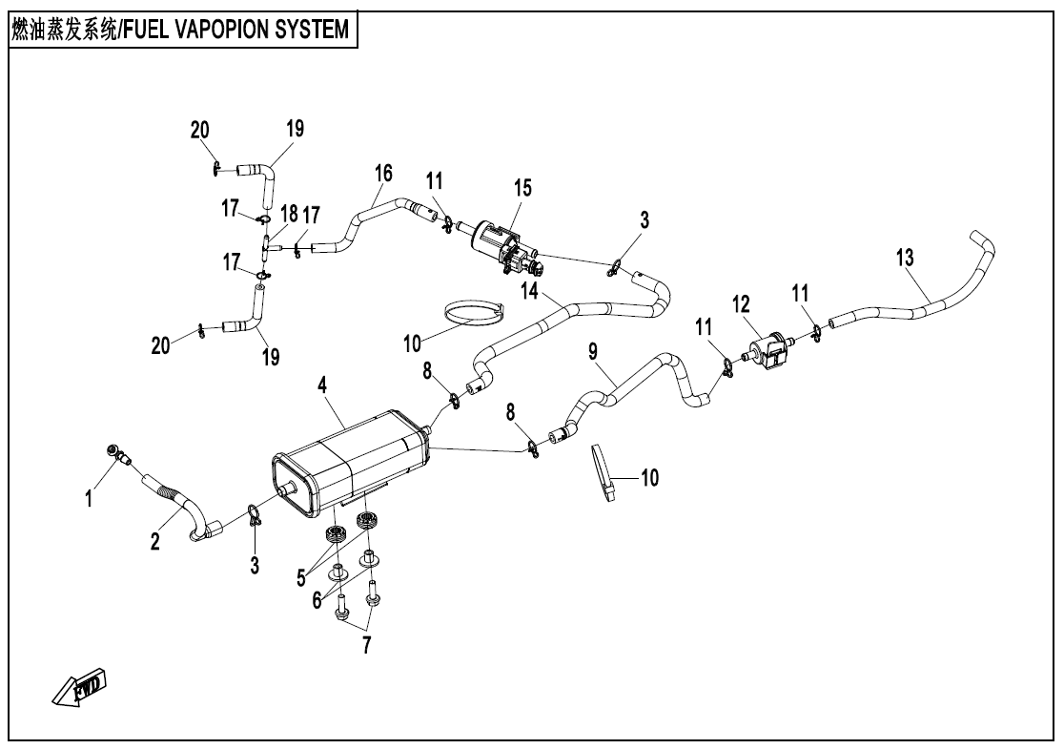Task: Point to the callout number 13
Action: pos(904,257)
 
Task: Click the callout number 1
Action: pos(89,498)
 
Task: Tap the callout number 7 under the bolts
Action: pos(366,645)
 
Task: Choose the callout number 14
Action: pos(529,288)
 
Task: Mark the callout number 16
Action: pos(383,173)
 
